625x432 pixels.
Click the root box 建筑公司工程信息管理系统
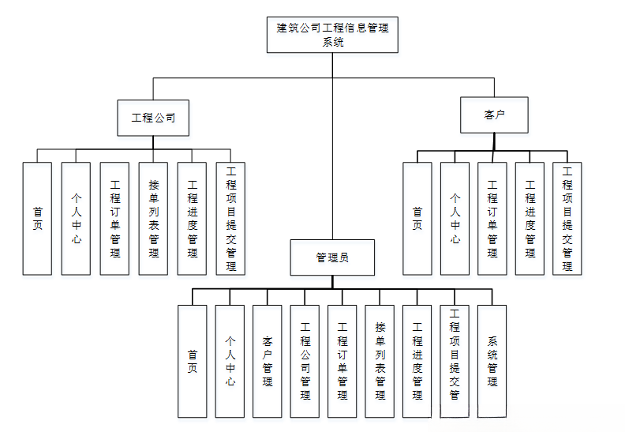[332, 35]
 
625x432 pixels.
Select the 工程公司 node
[153, 118]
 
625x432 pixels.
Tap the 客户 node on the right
[494, 115]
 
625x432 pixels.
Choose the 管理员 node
[332, 257]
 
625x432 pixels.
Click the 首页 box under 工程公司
[37, 219]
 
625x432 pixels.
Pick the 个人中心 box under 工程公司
[76, 219]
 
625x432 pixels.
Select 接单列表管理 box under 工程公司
[153, 219]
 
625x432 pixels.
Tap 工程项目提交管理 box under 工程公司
[230, 219]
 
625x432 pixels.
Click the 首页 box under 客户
[417, 219]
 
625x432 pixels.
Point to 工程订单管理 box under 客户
[492, 219]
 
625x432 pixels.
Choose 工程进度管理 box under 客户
[530, 219]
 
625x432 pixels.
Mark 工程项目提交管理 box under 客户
[567, 219]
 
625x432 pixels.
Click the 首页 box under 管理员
[192, 362]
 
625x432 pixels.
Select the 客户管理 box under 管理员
[268, 362]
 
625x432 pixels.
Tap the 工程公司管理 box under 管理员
[305, 362]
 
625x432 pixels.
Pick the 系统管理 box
[492, 362]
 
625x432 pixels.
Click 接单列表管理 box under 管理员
[380, 362]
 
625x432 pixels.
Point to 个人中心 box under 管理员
[230, 362]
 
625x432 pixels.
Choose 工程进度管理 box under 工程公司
[192, 219]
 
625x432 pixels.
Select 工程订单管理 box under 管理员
[342, 362]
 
